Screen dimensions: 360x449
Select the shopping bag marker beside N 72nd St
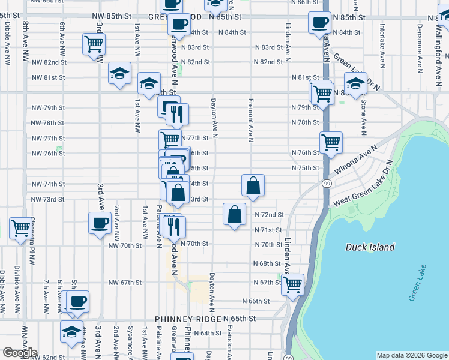[x=234, y=214]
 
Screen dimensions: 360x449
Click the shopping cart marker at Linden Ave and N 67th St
[x=293, y=284]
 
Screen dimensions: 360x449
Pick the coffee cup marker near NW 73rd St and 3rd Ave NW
[x=98, y=223]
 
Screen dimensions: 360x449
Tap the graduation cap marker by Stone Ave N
[x=355, y=84]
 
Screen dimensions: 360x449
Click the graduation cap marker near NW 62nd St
[x=71, y=332]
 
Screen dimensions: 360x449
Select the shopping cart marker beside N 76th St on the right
[x=331, y=143]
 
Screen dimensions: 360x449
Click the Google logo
[x=19, y=353]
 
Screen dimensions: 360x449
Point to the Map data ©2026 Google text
[x=411, y=355]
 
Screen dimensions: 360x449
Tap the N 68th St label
[x=267, y=263]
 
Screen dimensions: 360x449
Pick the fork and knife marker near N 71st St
[x=174, y=226]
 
